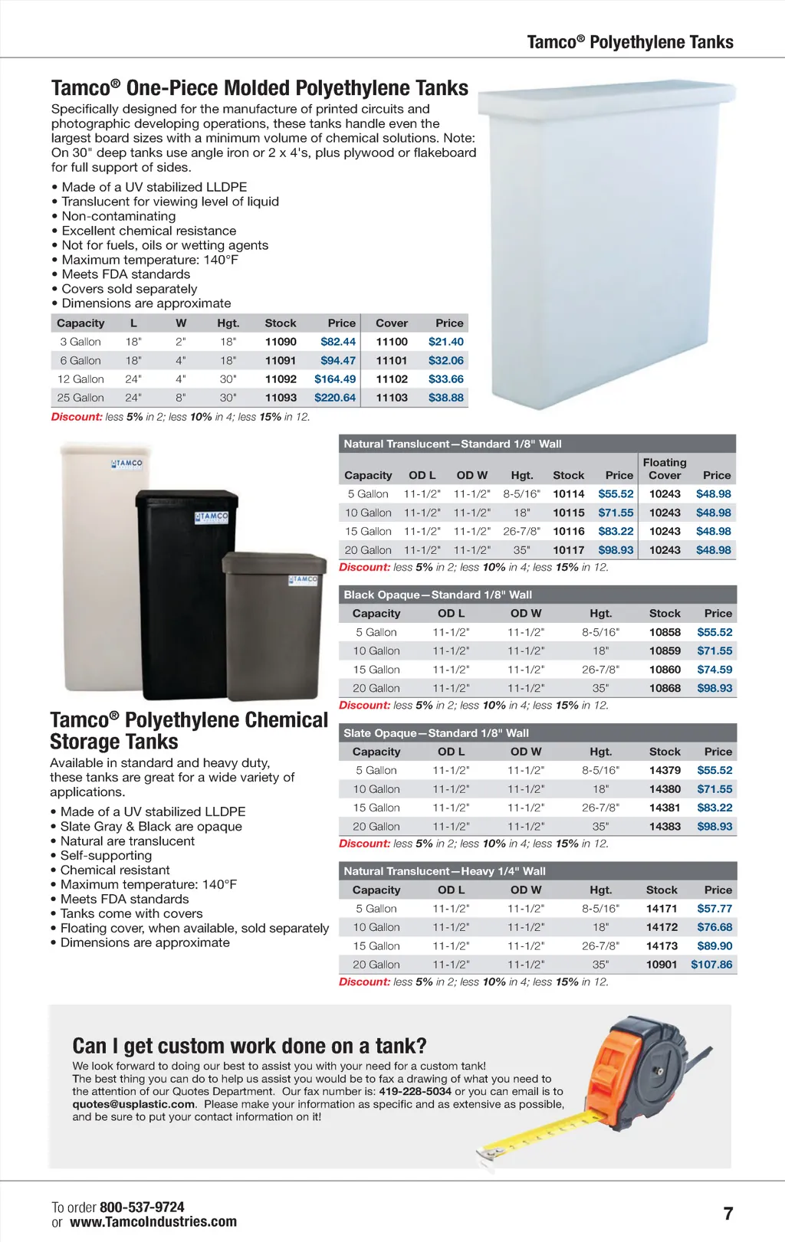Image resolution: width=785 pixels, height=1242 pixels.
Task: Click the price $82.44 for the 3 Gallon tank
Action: (338, 342)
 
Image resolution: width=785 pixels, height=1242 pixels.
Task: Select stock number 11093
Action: (281, 398)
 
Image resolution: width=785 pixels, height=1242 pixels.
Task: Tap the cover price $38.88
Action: (446, 398)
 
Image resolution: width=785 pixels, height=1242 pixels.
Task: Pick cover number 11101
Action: (392, 360)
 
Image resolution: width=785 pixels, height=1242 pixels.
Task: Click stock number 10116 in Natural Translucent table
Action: (569, 531)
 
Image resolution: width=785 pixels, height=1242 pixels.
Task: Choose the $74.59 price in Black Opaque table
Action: (714, 669)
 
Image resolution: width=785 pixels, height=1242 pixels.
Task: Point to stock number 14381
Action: (665, 808)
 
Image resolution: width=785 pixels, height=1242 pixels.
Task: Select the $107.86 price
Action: (711, 964)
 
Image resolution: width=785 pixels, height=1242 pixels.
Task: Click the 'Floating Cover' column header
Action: (665, 468)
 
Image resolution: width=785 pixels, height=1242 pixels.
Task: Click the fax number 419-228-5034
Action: (415, 1091)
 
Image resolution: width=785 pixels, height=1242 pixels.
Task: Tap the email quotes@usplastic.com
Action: (134, 1104)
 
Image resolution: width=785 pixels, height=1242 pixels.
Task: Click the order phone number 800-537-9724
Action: (142, 1207)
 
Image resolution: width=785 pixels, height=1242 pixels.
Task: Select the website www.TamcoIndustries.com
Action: (153, 1222)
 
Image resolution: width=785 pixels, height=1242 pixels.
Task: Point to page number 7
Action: (728, 1214)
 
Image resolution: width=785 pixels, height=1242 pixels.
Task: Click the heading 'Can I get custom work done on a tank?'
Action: (249, 1046)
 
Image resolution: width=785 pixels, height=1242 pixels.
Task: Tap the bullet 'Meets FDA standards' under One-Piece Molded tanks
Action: (126, 274)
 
